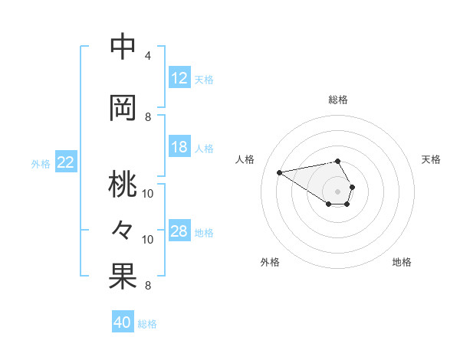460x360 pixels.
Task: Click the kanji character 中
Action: pyautogui.click(x=123, y=47)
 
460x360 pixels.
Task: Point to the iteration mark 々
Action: pyautogui.click(x=123, y=230)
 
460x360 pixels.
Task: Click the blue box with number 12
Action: pyautogui.click(x=179, y=78)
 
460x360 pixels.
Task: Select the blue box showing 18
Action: pyautogui.click(x=179, y=147)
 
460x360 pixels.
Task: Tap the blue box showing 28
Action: pyautogui.click(x=179, y=231)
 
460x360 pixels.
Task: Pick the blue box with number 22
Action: pyautogui.click(x=66, y=162)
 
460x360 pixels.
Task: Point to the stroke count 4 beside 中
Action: pyautogui.click(x=148, y=56)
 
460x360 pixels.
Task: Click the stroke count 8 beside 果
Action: pyautogui.click(x=148, y=286)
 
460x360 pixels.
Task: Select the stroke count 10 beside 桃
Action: pyautogui.click(x=148, y=193)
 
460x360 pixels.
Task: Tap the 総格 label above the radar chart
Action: pyautogui.click(x=338, y=100)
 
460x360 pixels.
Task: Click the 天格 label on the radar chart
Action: pyautogui.click(x=431, y=159)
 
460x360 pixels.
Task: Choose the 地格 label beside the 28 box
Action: pyautogui.click(x=204, y=232)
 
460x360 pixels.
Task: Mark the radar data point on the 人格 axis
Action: pyautogui.click(x=279, y=172)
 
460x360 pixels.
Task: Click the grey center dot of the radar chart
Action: pyautogui.click(x=338, y=190)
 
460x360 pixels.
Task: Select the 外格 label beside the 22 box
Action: pyautogui.click(x=41, y=163)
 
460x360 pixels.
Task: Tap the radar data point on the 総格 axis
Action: pyautogui.click(x=338, y=161)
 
